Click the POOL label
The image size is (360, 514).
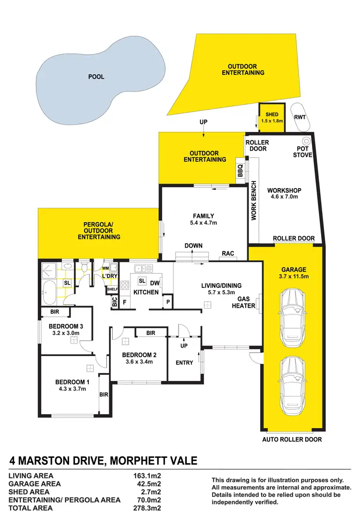tap(96, 77)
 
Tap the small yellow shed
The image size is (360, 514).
tap(272, 118)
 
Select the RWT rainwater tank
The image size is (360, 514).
tap(300, 117)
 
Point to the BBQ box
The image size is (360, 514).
tap(240, 172)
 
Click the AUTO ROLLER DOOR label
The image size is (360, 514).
tap(292, 440)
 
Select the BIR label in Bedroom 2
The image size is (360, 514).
tap(151, 333)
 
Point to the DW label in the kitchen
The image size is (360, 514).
tap(155, 283)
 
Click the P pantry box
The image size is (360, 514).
tap(168, 302)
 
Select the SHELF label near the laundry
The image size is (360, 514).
tap(112, 289)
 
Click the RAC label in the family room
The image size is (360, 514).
tap(228, 253)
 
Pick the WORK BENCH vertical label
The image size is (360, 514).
tap(254, 200)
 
